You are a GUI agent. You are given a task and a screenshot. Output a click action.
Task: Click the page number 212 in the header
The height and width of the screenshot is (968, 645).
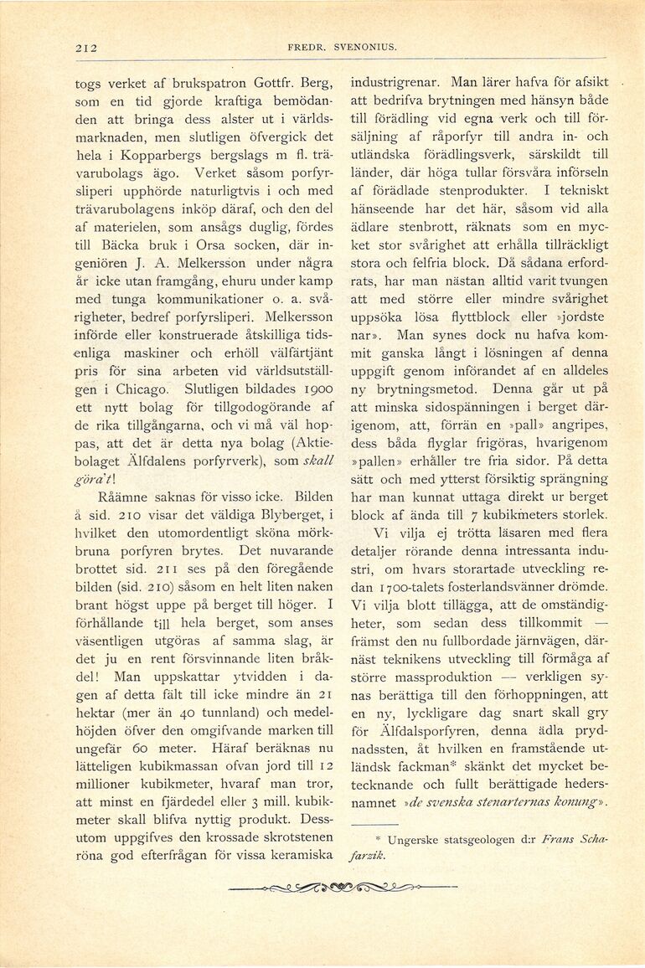tap(85, 48)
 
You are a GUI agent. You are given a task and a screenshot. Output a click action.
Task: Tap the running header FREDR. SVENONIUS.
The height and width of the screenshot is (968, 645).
tap(341, 48)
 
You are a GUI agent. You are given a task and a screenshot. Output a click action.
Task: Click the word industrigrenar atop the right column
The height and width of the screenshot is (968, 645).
tap(396, 85)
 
